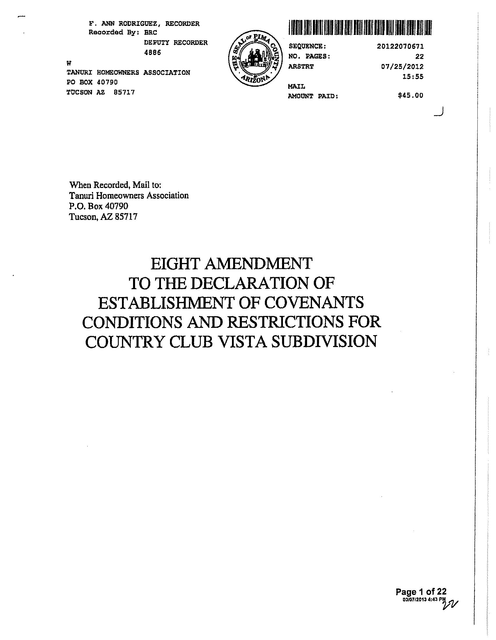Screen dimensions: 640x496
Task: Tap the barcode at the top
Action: pyautogui.click(x=360, y=28)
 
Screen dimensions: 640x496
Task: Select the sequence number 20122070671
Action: pyautogui.click(x=401, y=46)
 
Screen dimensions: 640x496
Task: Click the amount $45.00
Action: pyautogui.click(x=410, y=95)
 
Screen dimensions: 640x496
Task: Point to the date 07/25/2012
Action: pyautogui.click(x=402, y=67)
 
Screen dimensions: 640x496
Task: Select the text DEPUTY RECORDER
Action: pyautogui.click(x=176, y=43)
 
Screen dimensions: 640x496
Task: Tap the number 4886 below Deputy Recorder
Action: pyautogui.click(x=153, y=53)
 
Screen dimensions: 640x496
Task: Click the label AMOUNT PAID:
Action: pyautogui.click(x=313, y=96)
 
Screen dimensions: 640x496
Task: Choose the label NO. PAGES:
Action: pyautogui.click(x=309, y=56)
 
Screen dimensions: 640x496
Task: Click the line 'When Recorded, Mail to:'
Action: pyautogui.click(x=115, y=185)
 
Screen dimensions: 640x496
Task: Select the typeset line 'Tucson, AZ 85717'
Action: pyautogui.click(x=103, y=217)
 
